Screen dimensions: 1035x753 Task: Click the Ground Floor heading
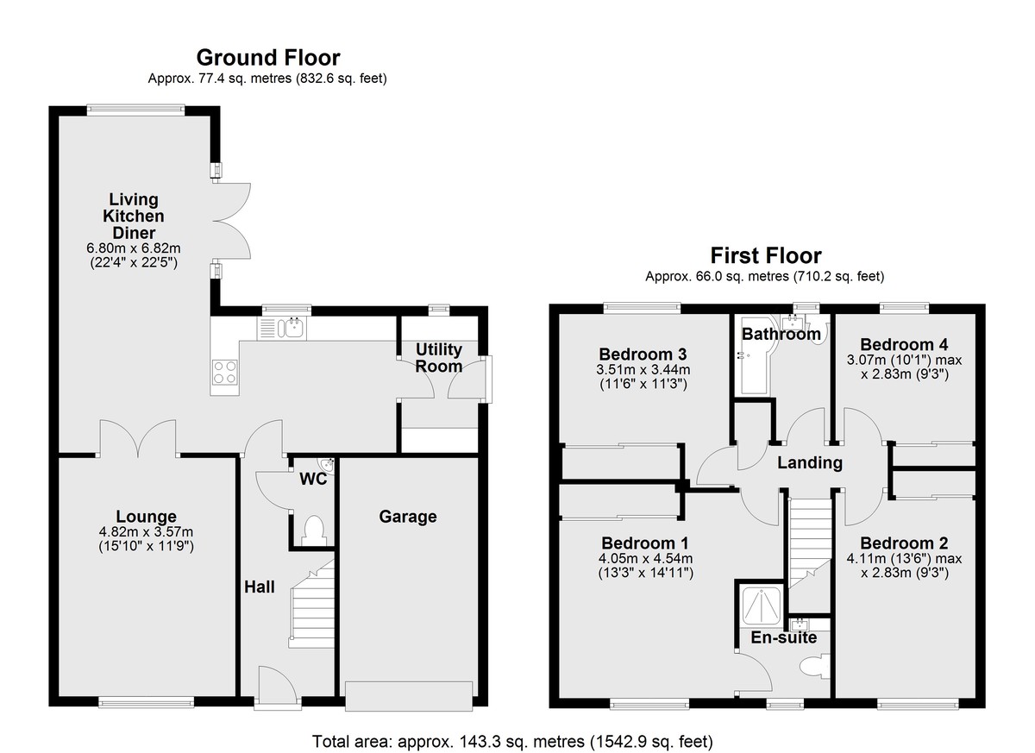(x=268, y=58)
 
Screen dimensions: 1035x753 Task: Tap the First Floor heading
(x=766, y=255)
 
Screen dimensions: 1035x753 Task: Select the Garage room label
(x=407, y=517)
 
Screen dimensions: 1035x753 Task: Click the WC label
(x=313, y=479)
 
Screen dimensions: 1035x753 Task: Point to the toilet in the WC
(x=314, y=530)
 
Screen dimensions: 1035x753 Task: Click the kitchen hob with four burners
(x=224, y=373)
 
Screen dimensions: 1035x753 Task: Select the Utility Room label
(x=438, y=358)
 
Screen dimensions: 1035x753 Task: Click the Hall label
(x=260, y=587)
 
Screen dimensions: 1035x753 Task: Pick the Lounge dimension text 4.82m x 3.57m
(x=146, y=531)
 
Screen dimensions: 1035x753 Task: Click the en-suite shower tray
(x=761, y=605)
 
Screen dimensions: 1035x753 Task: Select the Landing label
(x=810, y=462)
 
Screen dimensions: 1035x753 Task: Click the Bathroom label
(x=781, y=334)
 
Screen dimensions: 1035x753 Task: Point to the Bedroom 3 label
(x=643, y=355)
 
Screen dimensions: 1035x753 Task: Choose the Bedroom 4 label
(x=904, y=345)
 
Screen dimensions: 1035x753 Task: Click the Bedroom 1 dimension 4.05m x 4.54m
(x=645, y=559)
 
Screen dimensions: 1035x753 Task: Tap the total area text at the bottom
(x=513, y=742)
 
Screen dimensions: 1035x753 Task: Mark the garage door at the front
(x=409, y=696)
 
